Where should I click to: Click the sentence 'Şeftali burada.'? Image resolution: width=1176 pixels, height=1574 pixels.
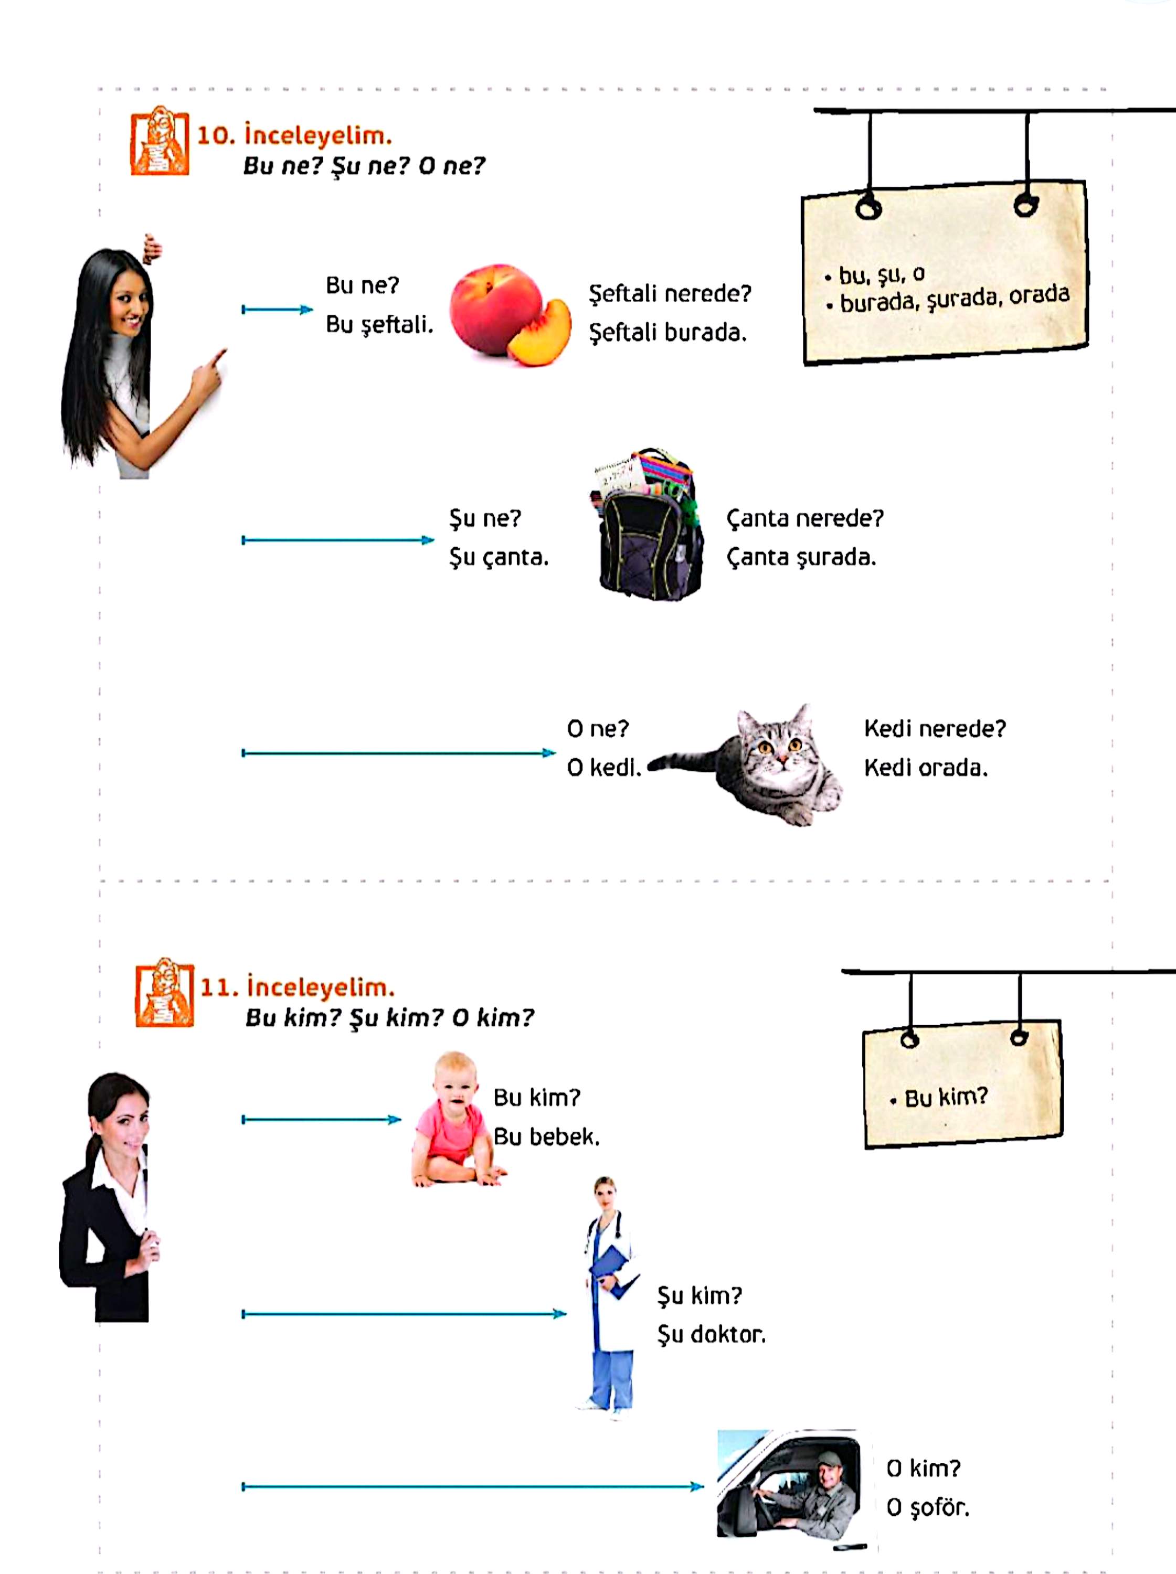(x=668, y=332)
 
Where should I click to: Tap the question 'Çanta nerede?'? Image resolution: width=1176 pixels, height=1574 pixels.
(x=804, y=518)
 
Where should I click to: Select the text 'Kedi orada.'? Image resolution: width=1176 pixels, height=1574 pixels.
(x=925, y=768)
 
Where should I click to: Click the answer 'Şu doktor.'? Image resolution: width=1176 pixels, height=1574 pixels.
(x=711, y=1334)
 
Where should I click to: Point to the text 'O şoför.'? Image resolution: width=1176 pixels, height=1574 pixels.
(x=928, y=1507)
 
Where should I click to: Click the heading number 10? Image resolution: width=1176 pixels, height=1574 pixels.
(x=215, y=135)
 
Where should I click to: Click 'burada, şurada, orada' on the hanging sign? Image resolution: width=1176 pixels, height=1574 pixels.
(x=954, y=299)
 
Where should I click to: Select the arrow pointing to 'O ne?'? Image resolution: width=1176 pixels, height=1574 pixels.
(x=399, y=753)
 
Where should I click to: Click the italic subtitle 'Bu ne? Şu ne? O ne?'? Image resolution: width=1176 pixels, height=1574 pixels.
(x=364, y=166)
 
